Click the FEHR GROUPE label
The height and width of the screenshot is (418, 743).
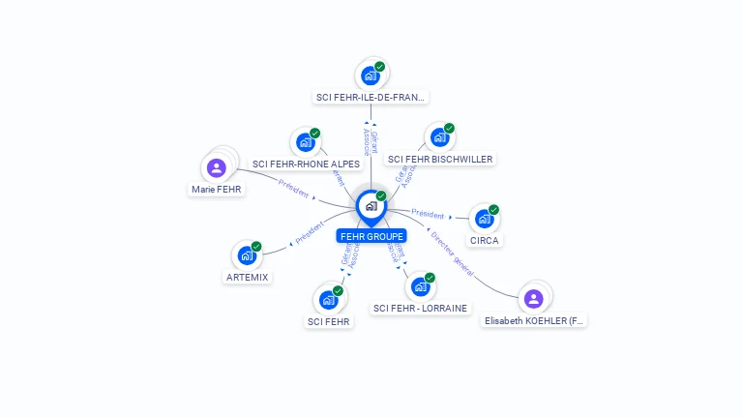point(371,235)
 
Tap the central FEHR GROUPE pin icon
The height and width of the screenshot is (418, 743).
point(371,206)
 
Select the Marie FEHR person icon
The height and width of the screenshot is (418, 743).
point(217,168)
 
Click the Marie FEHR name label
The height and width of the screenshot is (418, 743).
point(217,190)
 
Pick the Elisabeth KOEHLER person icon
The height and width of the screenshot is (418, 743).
point(533,298)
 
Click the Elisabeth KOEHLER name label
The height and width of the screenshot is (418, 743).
point(535,320)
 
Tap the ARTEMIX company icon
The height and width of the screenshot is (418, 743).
point(247,255)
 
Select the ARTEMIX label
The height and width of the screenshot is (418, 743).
point(248,277)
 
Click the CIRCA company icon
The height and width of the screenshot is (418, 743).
point(484,219)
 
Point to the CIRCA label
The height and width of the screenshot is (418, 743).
point(485,240)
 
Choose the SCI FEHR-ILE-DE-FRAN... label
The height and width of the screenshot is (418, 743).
point(371,97)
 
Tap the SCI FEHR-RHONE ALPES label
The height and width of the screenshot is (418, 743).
point(306,164)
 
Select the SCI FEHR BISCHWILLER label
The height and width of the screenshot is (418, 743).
point(440,159)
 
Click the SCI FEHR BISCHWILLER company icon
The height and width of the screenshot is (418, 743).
point(439,137)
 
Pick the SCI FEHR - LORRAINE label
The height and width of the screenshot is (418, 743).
point(420,308)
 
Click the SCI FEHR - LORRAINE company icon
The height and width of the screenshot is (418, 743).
point(420,286)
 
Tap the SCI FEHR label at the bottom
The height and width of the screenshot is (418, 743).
point(329,321)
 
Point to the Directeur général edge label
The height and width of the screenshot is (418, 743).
point(452,250)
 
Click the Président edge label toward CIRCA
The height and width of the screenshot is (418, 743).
point(428,214)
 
